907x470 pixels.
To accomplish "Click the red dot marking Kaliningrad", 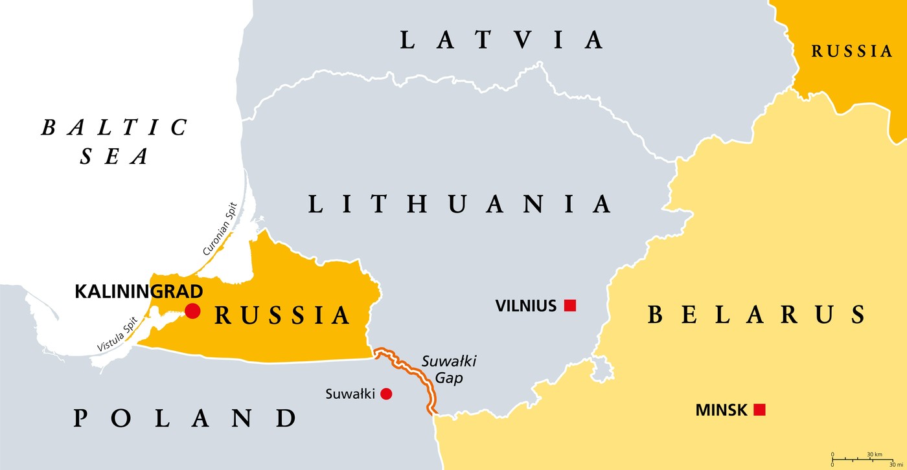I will pos(192,311).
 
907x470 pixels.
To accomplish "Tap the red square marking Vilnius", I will pos(570,306).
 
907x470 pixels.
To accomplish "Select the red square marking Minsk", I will pos(760,410).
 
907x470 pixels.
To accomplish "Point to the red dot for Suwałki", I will pos(386,394).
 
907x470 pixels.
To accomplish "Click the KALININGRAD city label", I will pos(139,291).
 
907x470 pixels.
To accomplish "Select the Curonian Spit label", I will pos(220,229).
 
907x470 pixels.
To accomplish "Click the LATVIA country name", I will pos(502,40).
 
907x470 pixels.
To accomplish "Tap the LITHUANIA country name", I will pos(459,204).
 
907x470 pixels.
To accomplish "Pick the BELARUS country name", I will pos(757,315).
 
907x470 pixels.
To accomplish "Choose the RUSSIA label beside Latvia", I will pos(852,52).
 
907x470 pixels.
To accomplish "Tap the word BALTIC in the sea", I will pos(115,128).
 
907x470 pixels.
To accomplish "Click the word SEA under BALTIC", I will pos(115,156).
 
